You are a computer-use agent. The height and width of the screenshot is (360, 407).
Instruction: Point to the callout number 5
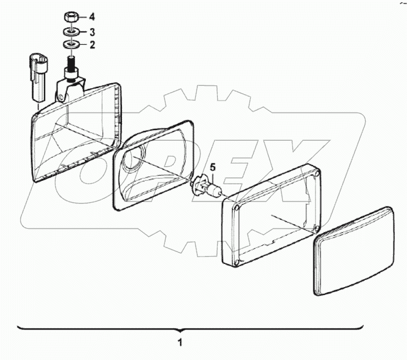tap(213, 167)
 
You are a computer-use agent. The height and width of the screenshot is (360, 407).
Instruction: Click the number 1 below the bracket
tap(180, 342)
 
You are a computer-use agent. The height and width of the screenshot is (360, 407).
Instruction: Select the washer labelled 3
tap(72, 32)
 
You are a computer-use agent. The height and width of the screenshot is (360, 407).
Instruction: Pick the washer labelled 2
tap(72, 44)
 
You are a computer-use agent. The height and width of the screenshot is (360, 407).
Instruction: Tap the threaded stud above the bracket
tap(72, 61)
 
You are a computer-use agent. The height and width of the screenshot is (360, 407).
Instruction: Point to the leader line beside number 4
tap(82, 18)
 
